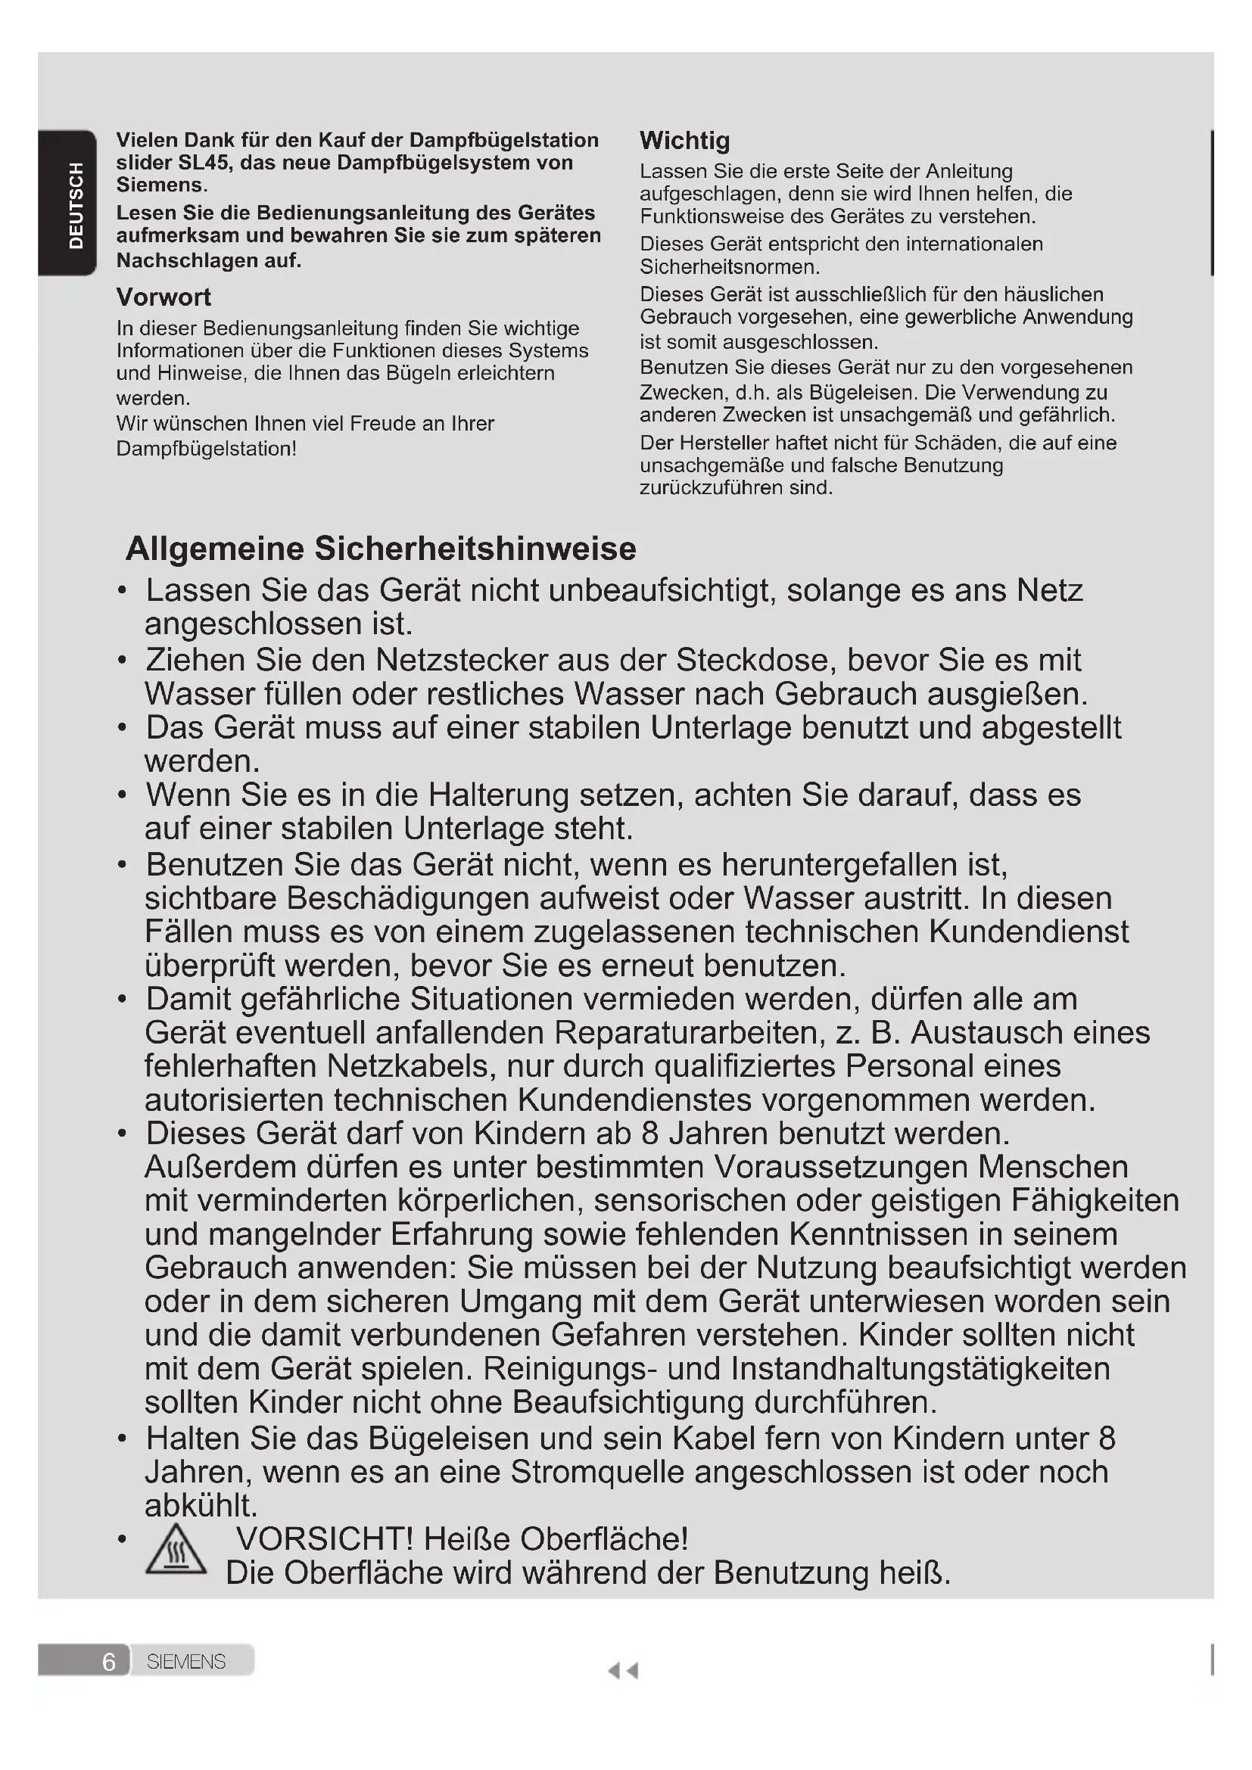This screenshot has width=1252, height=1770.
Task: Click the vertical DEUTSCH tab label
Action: point(76,206)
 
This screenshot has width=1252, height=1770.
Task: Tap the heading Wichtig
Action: point(684,141)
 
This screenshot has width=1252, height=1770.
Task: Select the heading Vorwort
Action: point(164,297)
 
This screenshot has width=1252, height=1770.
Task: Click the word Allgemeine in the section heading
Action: point(215,549)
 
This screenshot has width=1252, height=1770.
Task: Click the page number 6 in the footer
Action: point(109,1661)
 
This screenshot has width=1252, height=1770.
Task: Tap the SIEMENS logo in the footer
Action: point(185,1661)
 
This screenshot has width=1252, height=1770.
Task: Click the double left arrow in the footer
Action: point(623,1671)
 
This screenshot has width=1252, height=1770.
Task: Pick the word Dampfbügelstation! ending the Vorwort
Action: point(207,449)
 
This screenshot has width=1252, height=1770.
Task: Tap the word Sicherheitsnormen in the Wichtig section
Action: point(728,267)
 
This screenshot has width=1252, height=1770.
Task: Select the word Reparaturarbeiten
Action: point(687,1033)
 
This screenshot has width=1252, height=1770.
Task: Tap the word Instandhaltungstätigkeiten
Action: point(920,1369)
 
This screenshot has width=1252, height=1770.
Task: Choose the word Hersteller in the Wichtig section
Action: point(713,443)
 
